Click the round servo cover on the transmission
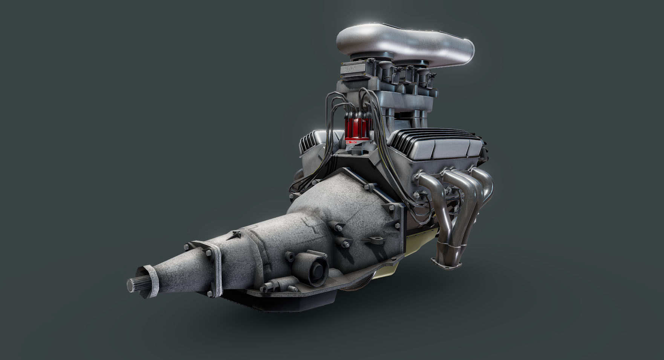pos(315,269)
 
